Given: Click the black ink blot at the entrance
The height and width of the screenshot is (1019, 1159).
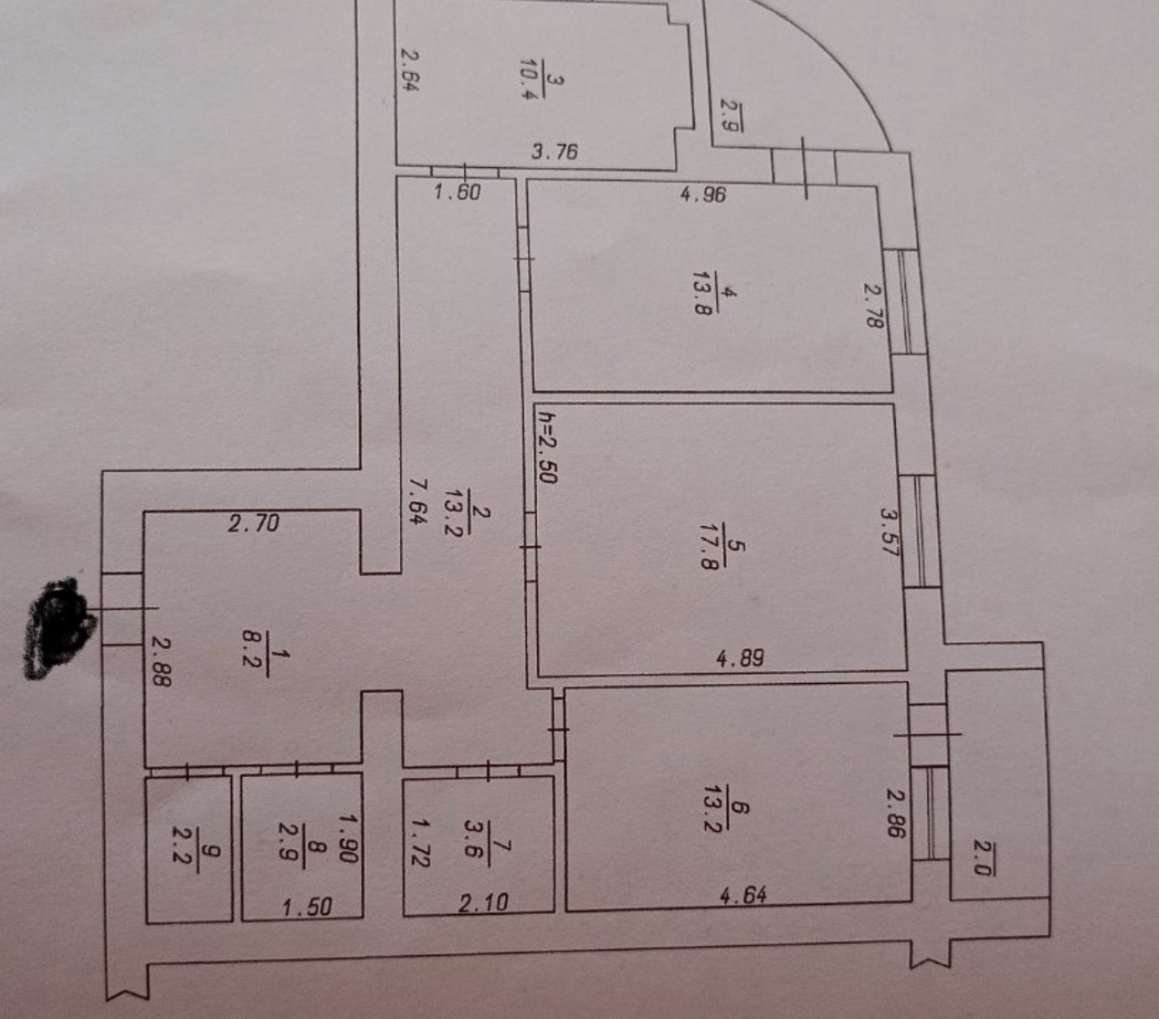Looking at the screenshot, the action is tap(57, 627).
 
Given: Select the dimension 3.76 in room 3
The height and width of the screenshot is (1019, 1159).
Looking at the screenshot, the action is tap(555, 151).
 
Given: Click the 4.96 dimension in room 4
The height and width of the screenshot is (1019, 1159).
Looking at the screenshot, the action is tap(703, 195).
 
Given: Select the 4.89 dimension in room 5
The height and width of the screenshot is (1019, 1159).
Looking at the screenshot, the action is tap(740, 659).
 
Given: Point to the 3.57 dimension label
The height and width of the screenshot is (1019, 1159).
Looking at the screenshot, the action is tap(889, 532).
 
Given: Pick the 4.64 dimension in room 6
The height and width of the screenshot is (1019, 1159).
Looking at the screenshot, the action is tap(743, 895).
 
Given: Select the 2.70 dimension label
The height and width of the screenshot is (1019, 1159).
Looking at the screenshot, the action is tap(253, 523).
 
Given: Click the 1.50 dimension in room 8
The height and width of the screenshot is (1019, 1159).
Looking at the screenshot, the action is tap(307, 907).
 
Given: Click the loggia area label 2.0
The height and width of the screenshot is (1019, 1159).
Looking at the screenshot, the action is tap(981, 857).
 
